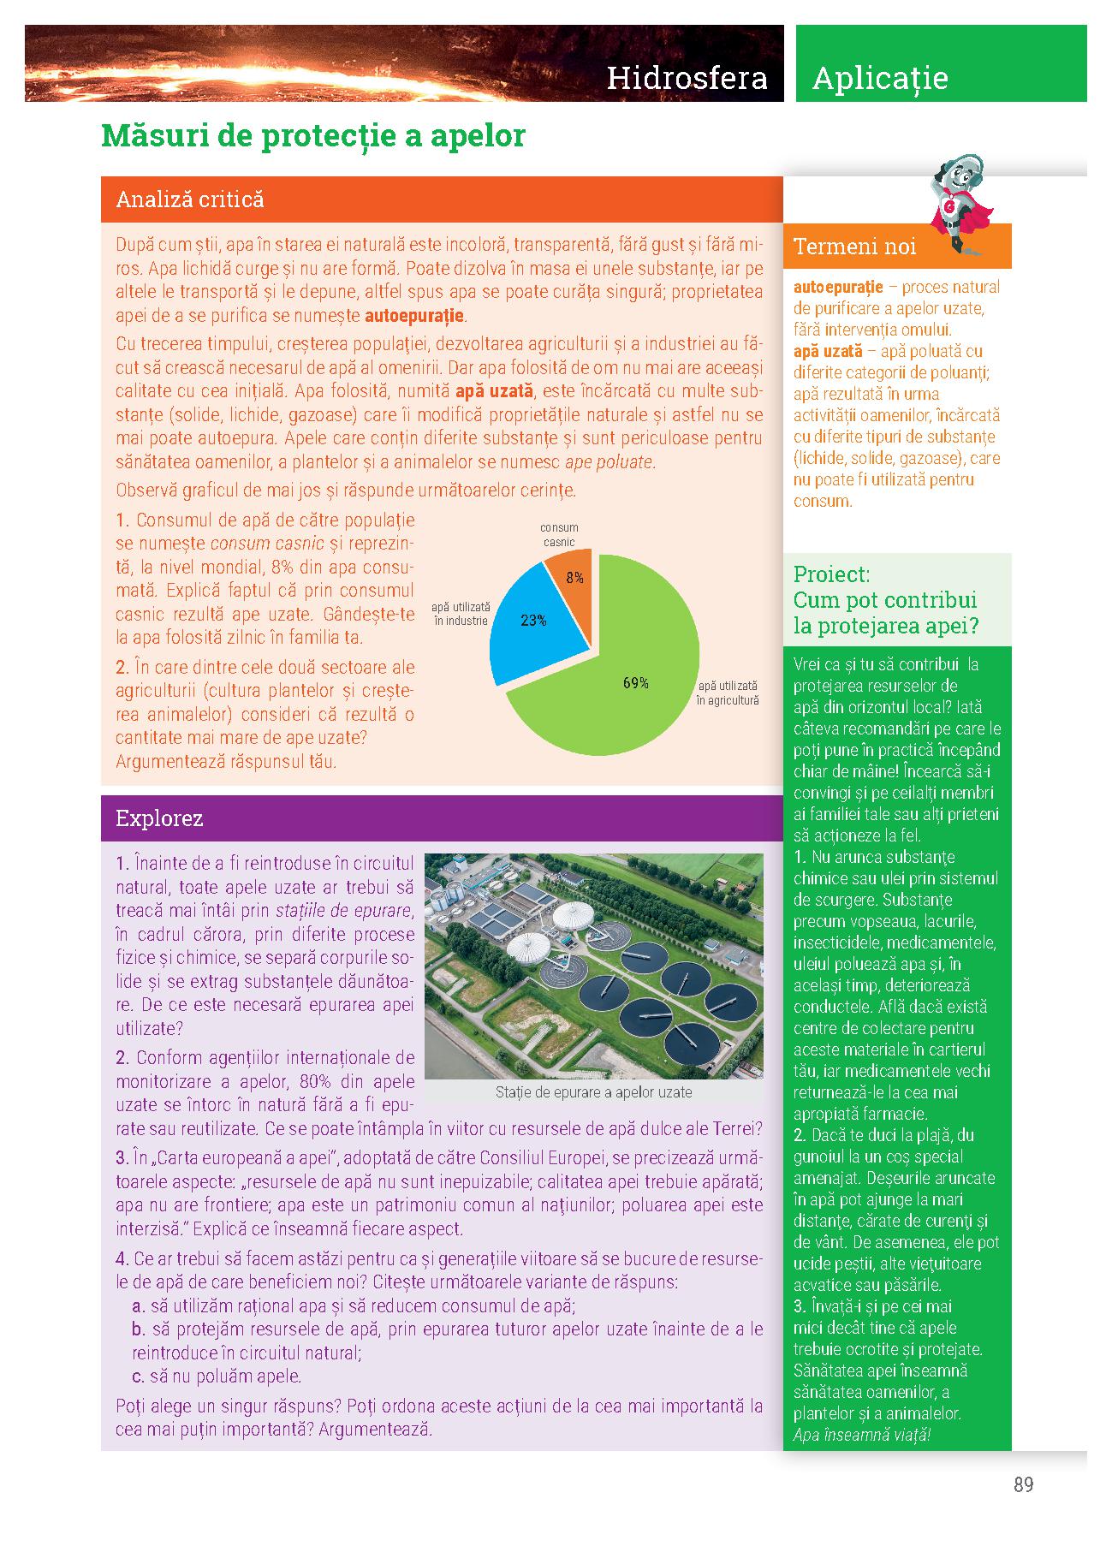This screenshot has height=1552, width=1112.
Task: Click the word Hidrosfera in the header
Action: [x=687, y=78]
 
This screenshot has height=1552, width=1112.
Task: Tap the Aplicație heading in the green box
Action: [x=879, y=78]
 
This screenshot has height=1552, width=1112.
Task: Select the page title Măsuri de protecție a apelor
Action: [x=312, y=135]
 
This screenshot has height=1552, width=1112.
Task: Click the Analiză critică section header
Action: [x=189, y=199]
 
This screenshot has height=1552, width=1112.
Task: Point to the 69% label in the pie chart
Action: [x=635, y=683]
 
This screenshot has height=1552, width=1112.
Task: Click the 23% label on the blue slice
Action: [x=533, y=621]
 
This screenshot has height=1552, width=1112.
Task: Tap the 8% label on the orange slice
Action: [x=574, y=579]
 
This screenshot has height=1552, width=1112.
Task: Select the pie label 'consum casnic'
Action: [x=559, y=535]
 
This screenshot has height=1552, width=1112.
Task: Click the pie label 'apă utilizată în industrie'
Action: [x=461, y=613]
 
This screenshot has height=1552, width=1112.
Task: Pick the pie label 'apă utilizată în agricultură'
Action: [x=728, y=693]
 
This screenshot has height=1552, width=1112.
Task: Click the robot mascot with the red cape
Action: [x=960, y=204]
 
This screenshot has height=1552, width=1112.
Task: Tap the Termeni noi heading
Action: [x=854, y=247]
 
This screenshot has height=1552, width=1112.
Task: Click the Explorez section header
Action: [x=159, y=818]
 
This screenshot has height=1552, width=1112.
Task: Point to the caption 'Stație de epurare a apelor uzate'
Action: [x=593, y=1092]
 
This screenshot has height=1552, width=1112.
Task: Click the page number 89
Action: [x=1023, y=1484]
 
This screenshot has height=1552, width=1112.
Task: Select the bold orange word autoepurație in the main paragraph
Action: [x=414, y=316]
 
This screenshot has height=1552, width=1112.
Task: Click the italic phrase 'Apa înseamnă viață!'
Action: [x=861, y=1435]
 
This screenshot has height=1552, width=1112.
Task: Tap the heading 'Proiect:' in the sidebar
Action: [x=831, y=574]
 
